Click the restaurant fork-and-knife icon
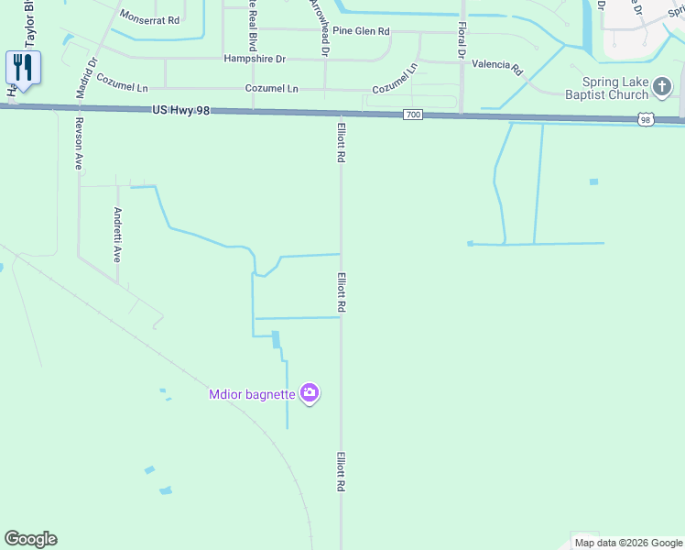(23, 67)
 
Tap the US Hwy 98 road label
(182, 110)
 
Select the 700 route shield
(412, 115)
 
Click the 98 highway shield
(646, 119)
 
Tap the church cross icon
(662, 87)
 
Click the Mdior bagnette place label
(252, 394)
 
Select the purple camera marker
(310, 393)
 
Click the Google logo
(30, 539)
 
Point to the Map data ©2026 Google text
(627, 543)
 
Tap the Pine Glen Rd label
(361, 31)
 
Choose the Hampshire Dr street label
(255, 59)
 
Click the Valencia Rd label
(496, 67)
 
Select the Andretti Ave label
(117, 235)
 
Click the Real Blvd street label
(253, 27)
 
